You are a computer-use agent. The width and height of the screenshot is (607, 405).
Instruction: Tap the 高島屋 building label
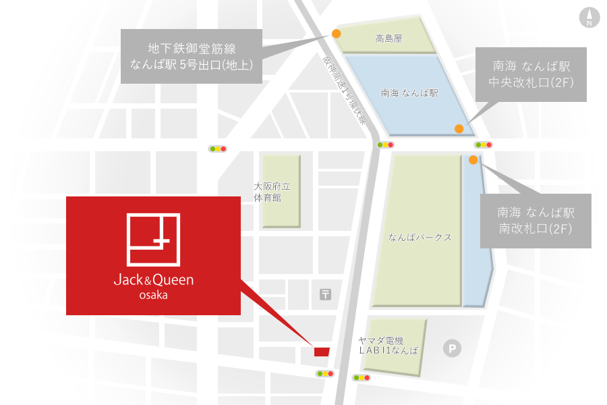(x=388, y=39)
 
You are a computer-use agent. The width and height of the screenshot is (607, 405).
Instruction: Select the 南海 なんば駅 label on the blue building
(x=409, y=93)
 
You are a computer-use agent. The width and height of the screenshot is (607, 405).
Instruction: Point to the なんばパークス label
(x=420, y=238)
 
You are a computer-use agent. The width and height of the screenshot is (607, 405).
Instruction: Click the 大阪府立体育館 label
(x=272, y=192)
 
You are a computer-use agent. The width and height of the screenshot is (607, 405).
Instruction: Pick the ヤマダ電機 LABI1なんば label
(x=388, y=346)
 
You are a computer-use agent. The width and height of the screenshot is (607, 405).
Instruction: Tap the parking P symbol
(x=451, y=349)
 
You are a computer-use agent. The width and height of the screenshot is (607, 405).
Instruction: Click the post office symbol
(x=326, y=294)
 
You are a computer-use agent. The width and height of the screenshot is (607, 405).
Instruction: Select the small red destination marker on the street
(x=322, y=351)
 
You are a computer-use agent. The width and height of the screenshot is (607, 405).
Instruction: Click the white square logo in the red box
(x=155, y=239)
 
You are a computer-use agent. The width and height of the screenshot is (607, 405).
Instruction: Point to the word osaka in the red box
(x=154, y=295)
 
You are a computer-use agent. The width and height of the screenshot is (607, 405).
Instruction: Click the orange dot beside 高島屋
(x=336, y=33)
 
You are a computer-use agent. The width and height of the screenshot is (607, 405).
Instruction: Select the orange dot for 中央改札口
(x=459, y=128)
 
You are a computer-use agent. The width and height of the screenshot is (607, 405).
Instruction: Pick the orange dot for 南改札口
(x=473, y=160)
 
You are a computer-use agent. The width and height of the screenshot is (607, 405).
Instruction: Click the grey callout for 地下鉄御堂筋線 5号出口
(x=191, y=56)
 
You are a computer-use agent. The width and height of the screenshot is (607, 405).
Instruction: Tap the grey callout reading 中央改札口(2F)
(x=532, y=74)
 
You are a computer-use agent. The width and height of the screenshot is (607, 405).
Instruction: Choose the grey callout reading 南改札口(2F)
(x=536, y=221)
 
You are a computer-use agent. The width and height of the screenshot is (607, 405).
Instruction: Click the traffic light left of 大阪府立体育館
(x=218, y=148)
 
